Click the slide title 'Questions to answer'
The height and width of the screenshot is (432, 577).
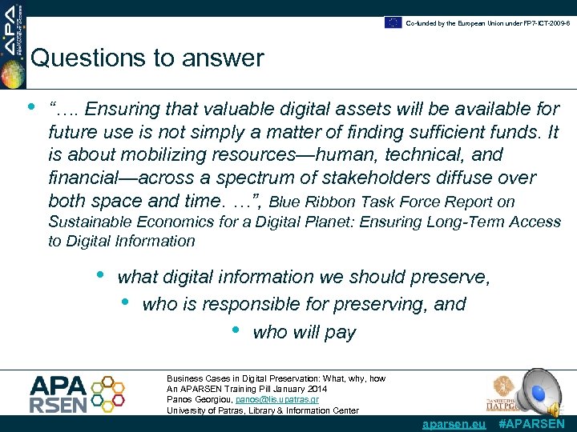[147, 58]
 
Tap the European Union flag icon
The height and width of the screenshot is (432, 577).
[393, 22]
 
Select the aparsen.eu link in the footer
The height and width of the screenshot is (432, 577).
[454, 424]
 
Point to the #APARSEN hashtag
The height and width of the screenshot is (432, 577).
[531, 424]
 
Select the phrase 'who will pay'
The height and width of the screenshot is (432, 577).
[304, 332]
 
